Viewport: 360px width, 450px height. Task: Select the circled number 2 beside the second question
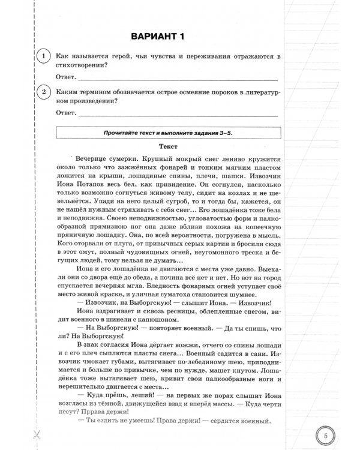coord(43,92)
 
